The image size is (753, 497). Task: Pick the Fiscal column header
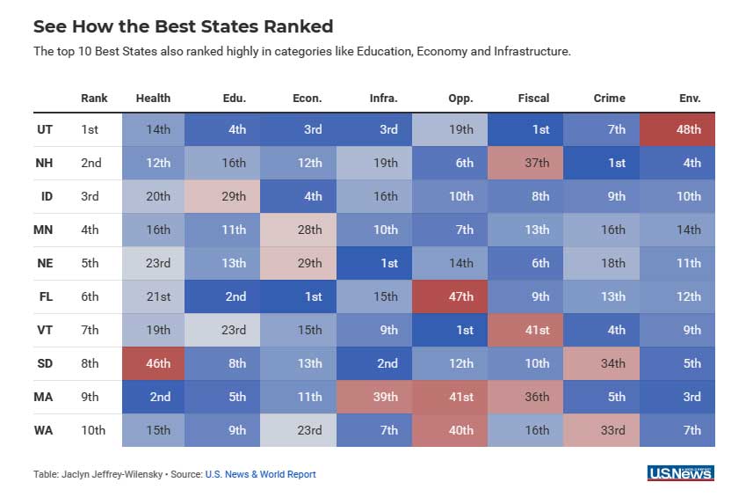533,98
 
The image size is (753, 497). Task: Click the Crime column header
610,98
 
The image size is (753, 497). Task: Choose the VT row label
46,330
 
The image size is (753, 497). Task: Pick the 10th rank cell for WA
93,430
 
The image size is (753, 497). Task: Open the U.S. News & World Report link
260,474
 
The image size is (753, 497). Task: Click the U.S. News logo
680,473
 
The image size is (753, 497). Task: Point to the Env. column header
690,98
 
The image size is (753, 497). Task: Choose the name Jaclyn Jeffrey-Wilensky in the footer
113,474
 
